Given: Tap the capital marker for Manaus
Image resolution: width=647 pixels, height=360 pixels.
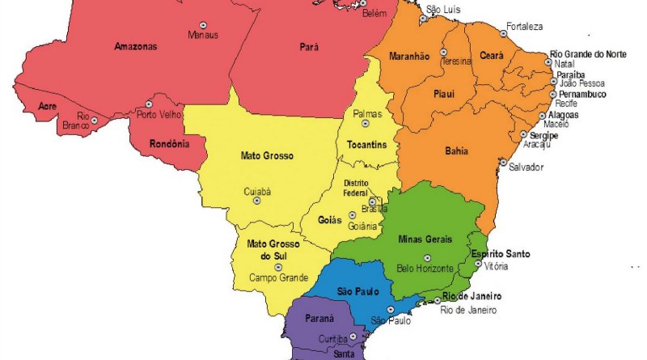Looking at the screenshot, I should click(x=202, y=23).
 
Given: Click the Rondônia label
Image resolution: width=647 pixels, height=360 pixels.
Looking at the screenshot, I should click(x=169, y=145).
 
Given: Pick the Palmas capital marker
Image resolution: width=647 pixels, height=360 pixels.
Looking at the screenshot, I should click(x=365, y=124).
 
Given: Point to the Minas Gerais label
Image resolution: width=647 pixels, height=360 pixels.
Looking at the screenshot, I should click(x=427, y=239).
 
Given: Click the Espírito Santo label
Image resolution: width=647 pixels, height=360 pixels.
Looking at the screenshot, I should click(x=501, y=254).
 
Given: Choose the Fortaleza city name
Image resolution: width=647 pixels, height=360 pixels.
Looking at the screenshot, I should click(x=524, y=26).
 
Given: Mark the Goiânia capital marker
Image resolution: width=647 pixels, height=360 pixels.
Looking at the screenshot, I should click(x=352, y=215).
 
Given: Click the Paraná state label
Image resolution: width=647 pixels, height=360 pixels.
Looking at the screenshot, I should click(x=319, y=320).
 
